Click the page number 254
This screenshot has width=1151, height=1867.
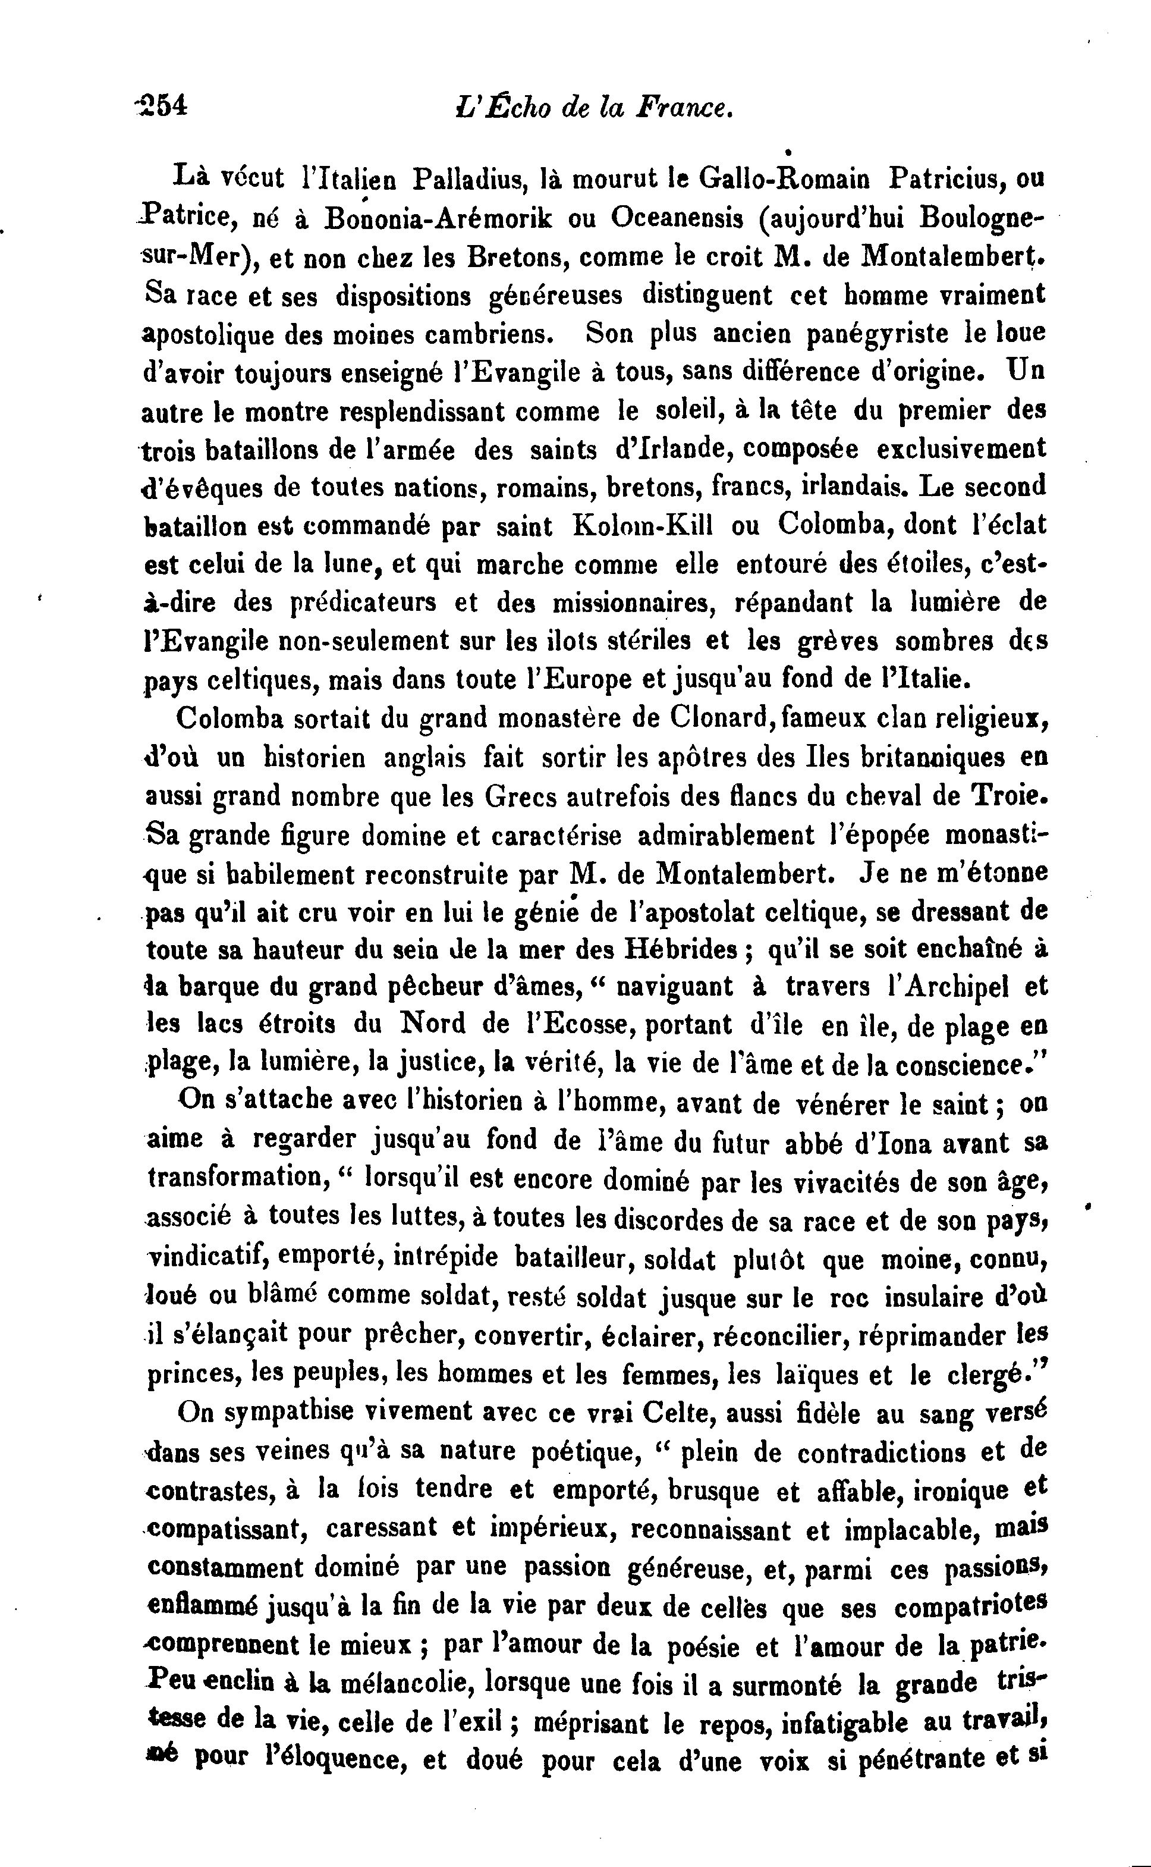(x=161, y=105)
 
